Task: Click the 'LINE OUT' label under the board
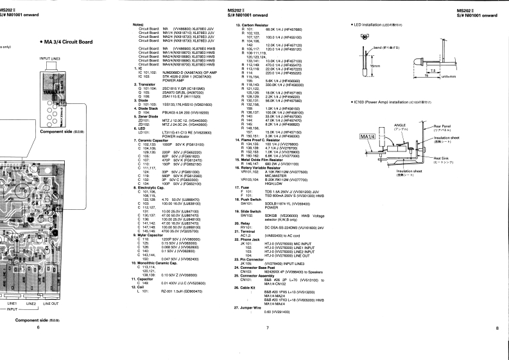51,304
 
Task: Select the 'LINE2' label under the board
30,304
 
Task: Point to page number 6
38,328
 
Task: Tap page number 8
497,328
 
